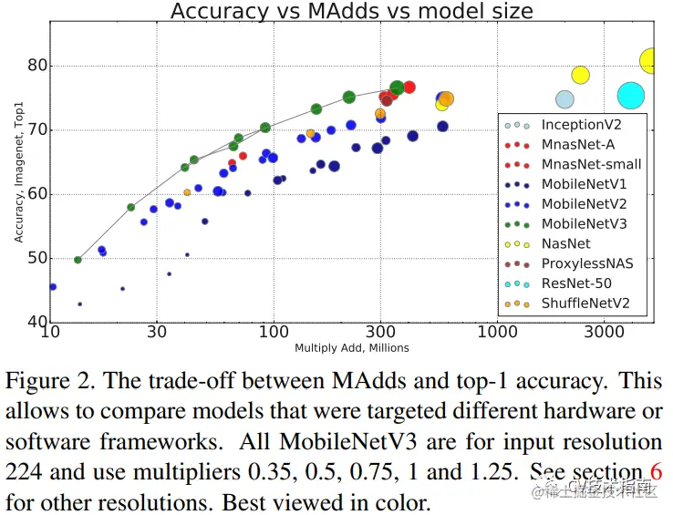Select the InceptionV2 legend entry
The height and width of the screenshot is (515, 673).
pos(581,124)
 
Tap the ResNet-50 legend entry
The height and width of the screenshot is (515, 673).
pos(575,283)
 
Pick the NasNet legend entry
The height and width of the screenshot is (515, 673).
pos(565,243)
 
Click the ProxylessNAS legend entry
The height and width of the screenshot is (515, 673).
pos(586,263)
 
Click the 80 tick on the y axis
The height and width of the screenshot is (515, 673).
pos(36,66)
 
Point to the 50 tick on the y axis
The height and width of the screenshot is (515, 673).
pos(36,259)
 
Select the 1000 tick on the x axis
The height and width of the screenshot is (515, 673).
pos(497,334)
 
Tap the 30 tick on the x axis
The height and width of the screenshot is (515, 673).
pos(158,334)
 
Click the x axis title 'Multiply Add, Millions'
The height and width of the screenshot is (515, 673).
pos(351,348)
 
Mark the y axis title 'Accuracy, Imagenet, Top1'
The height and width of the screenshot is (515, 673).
pos(18,173)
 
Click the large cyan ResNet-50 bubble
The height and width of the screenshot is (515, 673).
pos(631,95)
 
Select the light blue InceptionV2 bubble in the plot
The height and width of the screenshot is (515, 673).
pos(565,99)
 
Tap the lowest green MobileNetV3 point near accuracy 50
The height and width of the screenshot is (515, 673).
pos(78,260)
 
